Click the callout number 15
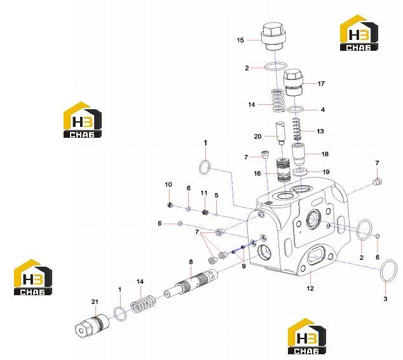[x=240, y=40]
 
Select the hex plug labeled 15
[x=274, y=37]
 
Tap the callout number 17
[x=321, y=83]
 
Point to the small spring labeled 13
[x=297, y=129]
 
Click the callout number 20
[x=257, y=137]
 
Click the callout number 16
[x=257, y=173]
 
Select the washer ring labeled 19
[x=300, y=171]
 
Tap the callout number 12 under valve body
[x=310, y=288]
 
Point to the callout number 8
[x=191, y=262]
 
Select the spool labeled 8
[x=191, y=283]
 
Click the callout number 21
[x=95, y=302]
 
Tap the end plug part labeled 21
[x=90, y=325]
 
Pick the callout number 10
[x=168, y=184]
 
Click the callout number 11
[x=204, y=192]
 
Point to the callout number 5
[x=216, y=195]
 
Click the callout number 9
[x=243, y=266]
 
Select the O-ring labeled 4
[x=296, y=109]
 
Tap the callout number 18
[x=325, y=154]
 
